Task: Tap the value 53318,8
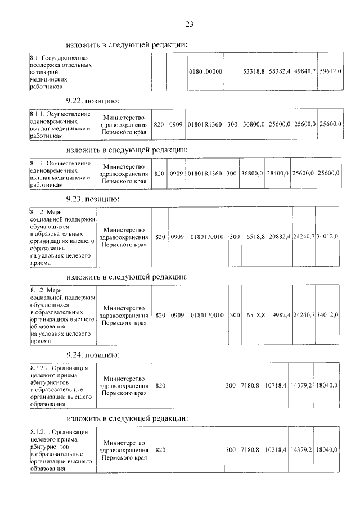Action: click(x=253, y=71)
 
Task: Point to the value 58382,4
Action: click(x=278, y=71)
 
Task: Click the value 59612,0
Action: click(x=330, y=71)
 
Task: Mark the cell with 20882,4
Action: click(x=280, y=237)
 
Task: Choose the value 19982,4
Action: click(x=280, y=315)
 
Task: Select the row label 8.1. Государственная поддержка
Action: click(x=62, y=71)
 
